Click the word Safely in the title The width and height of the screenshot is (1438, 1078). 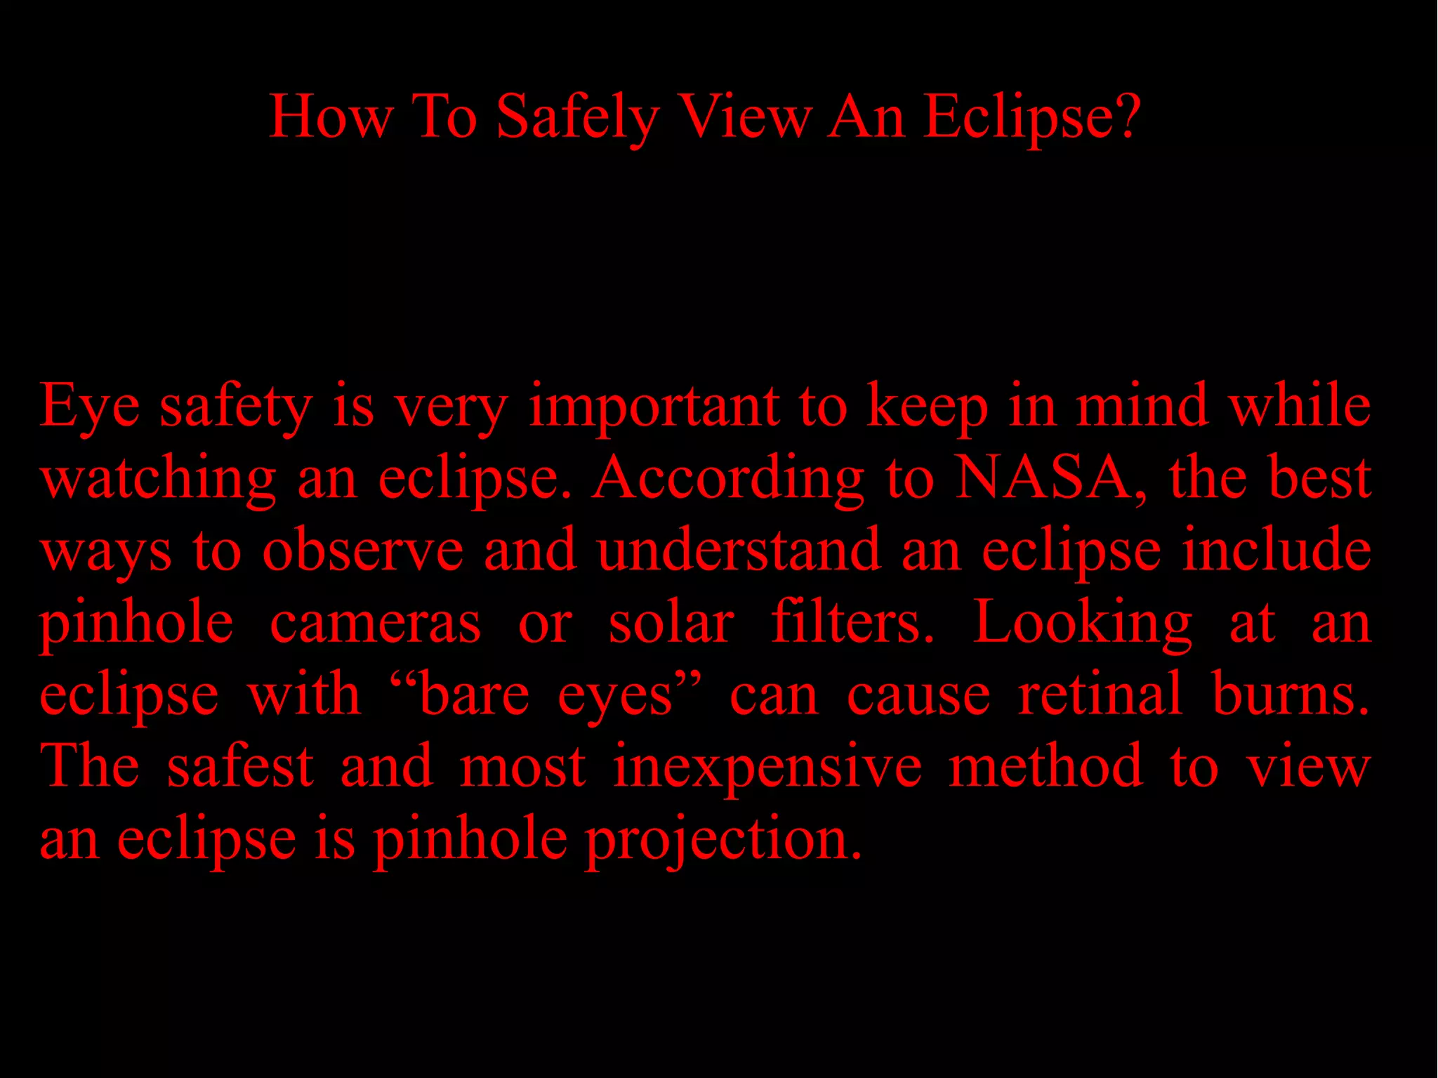577,117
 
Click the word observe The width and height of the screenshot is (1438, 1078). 363,551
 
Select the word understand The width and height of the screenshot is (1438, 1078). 739,551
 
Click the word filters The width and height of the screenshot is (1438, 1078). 852,622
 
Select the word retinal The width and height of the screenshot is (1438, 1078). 1100,695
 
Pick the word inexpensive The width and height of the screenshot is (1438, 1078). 767,768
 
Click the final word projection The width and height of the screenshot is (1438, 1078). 723,840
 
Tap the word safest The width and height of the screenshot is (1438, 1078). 240,766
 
